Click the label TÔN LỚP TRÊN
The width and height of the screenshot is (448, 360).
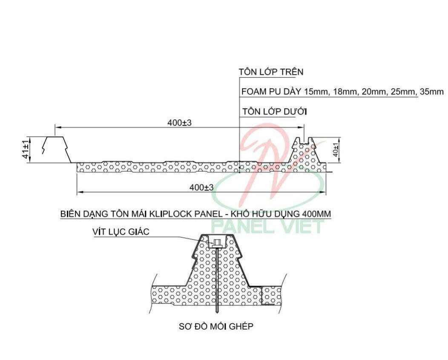(271, 72)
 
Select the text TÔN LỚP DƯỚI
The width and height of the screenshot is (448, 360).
(275, 111)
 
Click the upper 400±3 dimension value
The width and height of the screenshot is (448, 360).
(179, 123)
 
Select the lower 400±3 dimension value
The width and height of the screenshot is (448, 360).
(201, 187)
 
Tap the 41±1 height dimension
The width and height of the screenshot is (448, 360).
(26, 150)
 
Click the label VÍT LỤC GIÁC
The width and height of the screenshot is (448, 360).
(121, 231)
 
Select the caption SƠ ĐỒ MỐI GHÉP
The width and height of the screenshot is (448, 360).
(216, 326)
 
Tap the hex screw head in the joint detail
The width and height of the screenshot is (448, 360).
(216, 243)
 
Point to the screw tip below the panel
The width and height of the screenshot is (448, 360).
(218, 311)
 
